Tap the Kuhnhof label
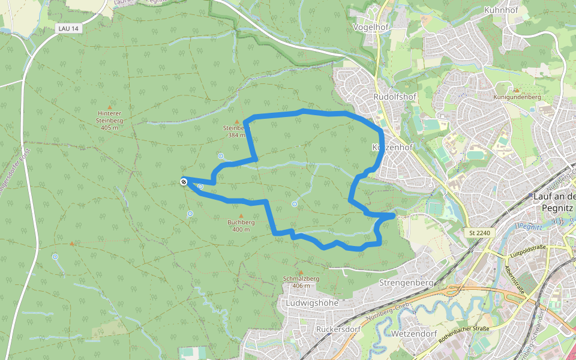point(501,10)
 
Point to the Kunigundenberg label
point(517,97)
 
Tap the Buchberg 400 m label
point(241,226)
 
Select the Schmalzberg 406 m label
point(301,282)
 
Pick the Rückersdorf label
point(337,329)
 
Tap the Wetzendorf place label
point(412,332)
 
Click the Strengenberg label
point(406,282)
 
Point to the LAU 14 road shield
point(70,28)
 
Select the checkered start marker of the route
point(184,181)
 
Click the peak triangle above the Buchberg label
point(241,215)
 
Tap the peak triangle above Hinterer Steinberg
point(109,106)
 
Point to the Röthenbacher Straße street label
point(464,333)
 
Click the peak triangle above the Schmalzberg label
point(301,272)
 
